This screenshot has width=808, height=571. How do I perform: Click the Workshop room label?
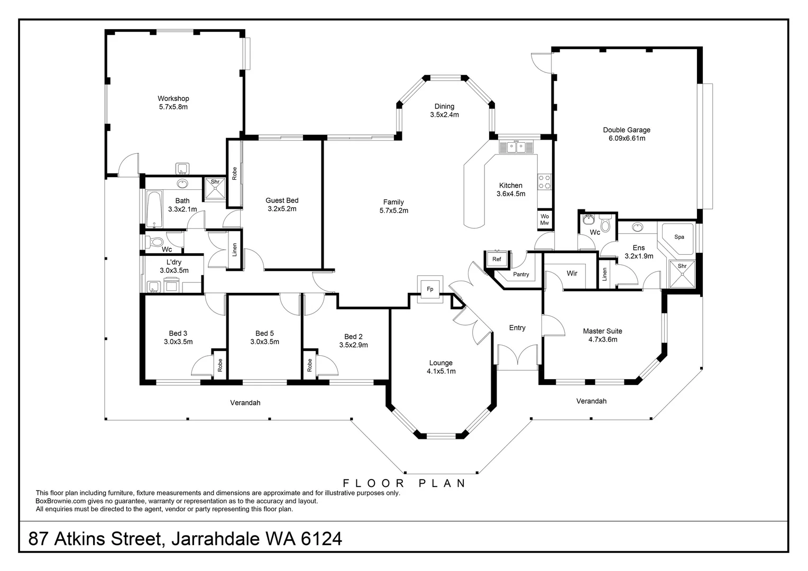173,98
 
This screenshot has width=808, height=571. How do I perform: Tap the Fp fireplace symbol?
430,289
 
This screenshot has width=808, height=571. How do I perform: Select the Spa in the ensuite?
679,237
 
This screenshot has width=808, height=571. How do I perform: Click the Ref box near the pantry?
497,259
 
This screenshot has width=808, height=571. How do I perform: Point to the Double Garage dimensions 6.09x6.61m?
627,139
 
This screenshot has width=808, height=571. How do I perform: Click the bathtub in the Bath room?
154,209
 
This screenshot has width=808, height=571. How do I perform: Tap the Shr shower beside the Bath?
215,189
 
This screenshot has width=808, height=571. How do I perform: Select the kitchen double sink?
516,147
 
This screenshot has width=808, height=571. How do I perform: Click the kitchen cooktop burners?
545,182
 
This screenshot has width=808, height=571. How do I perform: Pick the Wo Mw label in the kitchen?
545,220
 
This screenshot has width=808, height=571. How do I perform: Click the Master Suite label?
602,331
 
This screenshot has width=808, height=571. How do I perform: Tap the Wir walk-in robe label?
572,273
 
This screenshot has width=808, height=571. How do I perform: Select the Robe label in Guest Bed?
234,172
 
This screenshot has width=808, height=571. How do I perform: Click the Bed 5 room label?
264,333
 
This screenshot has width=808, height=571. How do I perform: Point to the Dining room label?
444,106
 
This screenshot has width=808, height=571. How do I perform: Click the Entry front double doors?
518,357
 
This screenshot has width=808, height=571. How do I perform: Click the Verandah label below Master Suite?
591,401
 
